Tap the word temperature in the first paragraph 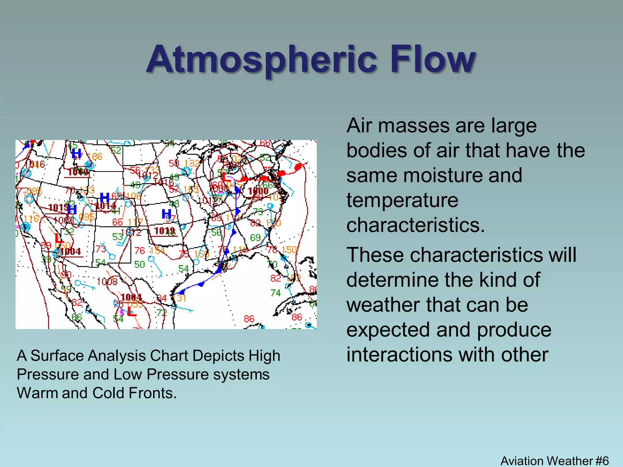click(x=402, y=200)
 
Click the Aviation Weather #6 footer click(x=554, y=461)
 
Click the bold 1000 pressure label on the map click(x=258, y=191)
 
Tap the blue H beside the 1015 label click(x=72, y=209)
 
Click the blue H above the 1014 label click(x=105, y=198)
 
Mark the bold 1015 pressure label click(x=58, y=208)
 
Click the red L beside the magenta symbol click(x=131, y=312)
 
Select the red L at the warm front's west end click(x=226, y=177)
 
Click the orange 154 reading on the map click(x=157, y=250)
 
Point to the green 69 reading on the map click(x=255, y=237)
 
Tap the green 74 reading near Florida click(x=276, y=293)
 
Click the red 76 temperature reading click(x=140, y=251)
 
